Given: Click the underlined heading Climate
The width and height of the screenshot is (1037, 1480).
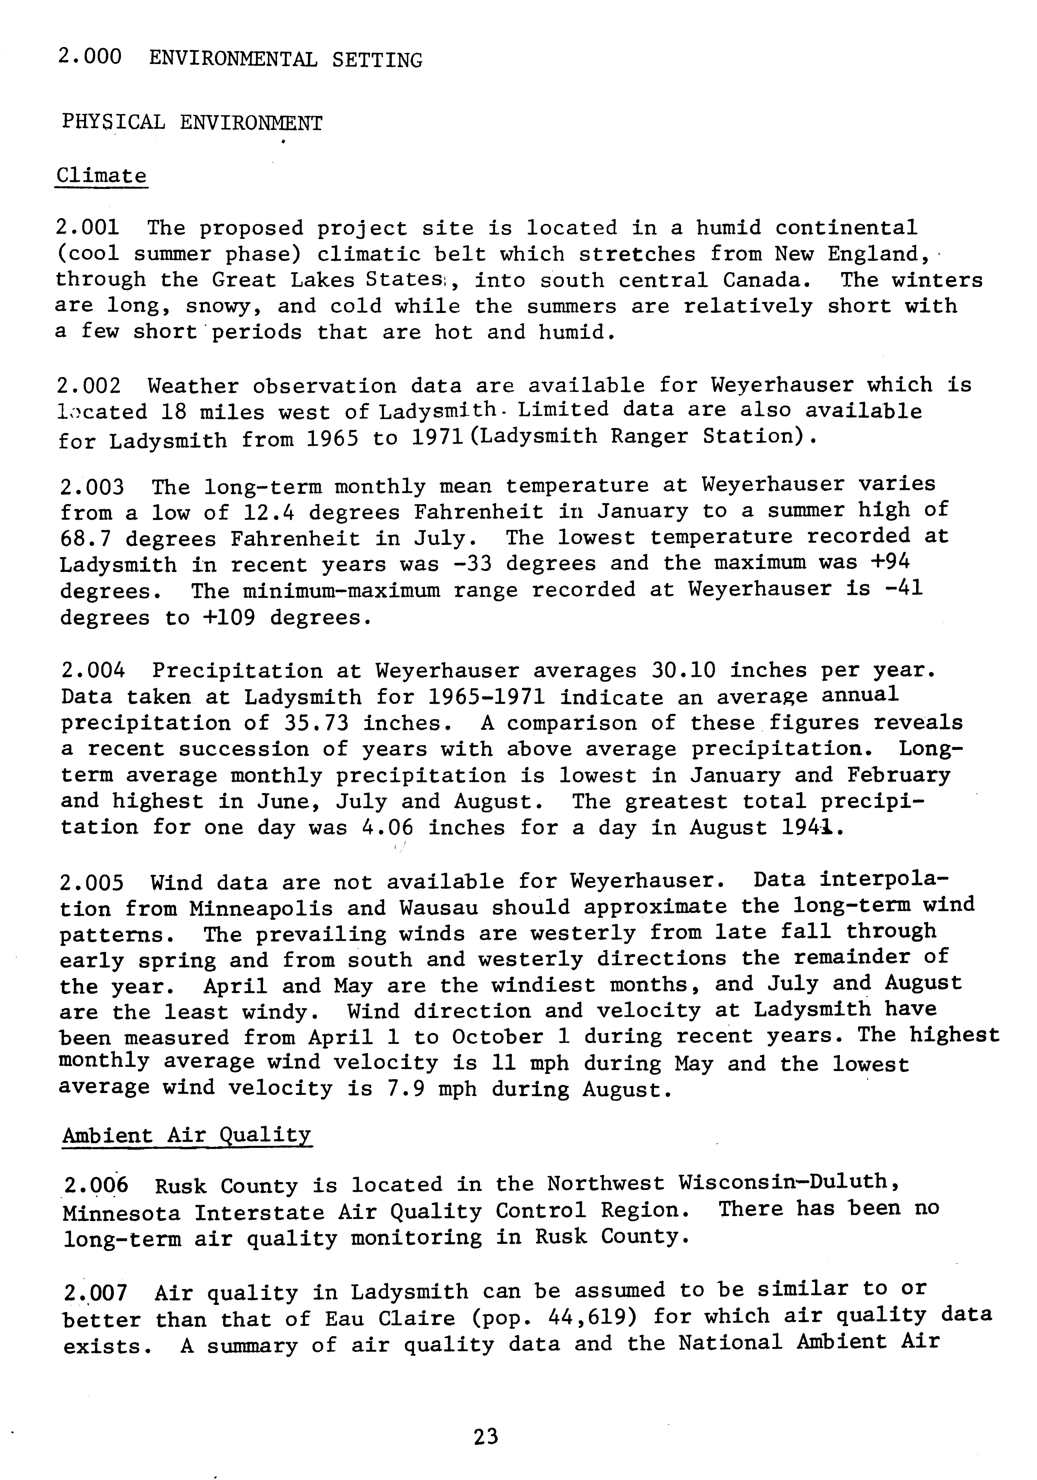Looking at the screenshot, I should click(x=101, y=176).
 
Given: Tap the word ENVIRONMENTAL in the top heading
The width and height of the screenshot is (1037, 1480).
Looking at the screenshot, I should click(x=233, y=60).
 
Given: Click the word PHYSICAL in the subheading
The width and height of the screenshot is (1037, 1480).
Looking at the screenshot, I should click(x=113, y=122).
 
